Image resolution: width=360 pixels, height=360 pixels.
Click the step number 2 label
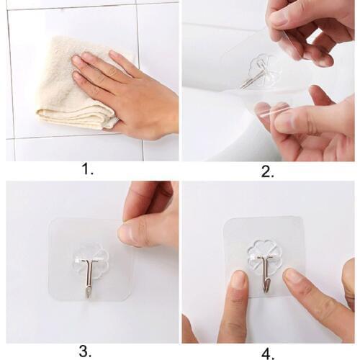[x=267, y=171]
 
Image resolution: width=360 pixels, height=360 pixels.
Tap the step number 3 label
[x=85, y=351]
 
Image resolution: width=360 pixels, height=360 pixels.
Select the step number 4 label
[x=268, y=352]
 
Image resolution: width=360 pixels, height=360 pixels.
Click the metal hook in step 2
[x=255, y=77]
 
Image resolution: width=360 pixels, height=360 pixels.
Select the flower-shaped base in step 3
[x=90, y=259]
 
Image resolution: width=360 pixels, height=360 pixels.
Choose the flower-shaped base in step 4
[x=266, y=254]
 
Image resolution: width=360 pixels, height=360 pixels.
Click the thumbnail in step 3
[x=127, y=233]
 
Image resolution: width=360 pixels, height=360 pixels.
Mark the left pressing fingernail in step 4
[x=238, y=279]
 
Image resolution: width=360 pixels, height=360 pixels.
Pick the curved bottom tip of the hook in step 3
[x=87, y=292]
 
